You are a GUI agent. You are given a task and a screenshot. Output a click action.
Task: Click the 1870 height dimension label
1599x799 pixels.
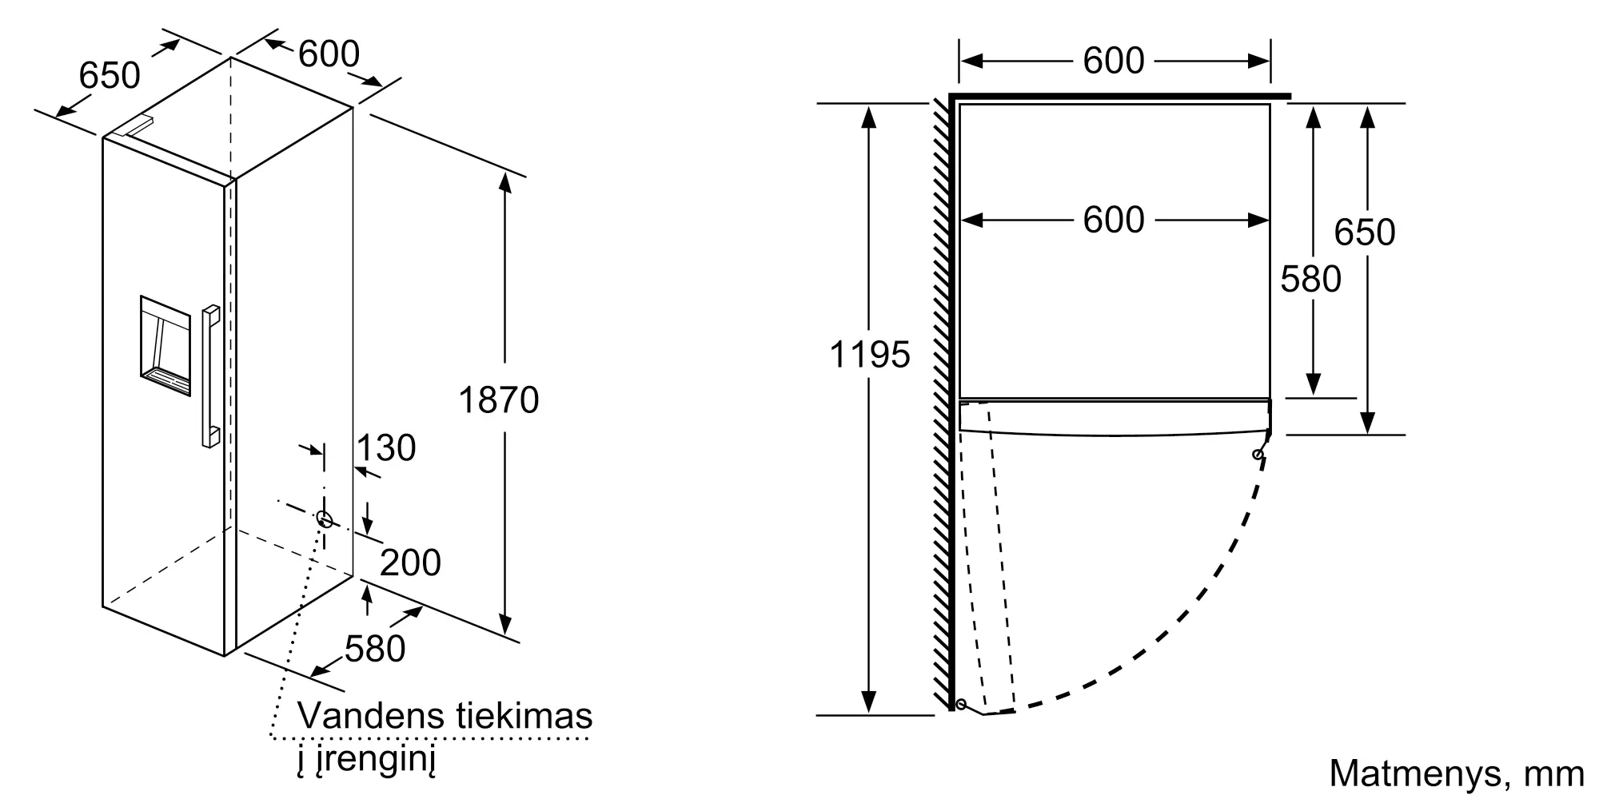(498, 400)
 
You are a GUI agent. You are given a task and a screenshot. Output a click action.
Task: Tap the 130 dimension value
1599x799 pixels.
(386, 448)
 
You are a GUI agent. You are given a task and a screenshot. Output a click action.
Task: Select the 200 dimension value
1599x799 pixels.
(410, 563)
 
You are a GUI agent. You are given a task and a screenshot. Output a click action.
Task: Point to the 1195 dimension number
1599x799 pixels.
(870, 355)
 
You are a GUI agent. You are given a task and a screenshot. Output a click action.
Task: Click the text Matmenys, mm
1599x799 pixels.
(1456, 773)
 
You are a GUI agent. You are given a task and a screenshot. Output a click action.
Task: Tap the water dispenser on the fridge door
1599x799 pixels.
(165, 346)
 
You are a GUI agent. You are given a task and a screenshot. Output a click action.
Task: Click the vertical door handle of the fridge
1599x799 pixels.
(210, 376)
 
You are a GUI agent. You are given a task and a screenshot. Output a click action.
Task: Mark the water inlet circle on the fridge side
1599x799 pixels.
(325, 519)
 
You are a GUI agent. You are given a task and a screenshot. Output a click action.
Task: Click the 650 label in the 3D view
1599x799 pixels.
(110, 76)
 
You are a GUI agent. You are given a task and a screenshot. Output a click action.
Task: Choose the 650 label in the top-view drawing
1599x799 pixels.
(1365, 233)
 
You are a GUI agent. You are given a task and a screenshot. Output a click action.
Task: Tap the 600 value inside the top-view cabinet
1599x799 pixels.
(1114, 221)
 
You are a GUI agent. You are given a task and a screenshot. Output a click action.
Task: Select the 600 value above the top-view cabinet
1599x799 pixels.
(1114, 62)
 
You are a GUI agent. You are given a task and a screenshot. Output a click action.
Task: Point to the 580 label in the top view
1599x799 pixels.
(1310, 280)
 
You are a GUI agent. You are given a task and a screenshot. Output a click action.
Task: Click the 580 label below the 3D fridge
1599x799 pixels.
(375, 649)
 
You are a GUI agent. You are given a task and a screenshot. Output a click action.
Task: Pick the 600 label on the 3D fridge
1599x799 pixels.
(329, 54)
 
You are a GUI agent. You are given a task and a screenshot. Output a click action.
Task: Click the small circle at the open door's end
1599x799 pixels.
(961, 705)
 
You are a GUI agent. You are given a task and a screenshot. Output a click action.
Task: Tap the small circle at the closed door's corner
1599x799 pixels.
(1258, 455)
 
